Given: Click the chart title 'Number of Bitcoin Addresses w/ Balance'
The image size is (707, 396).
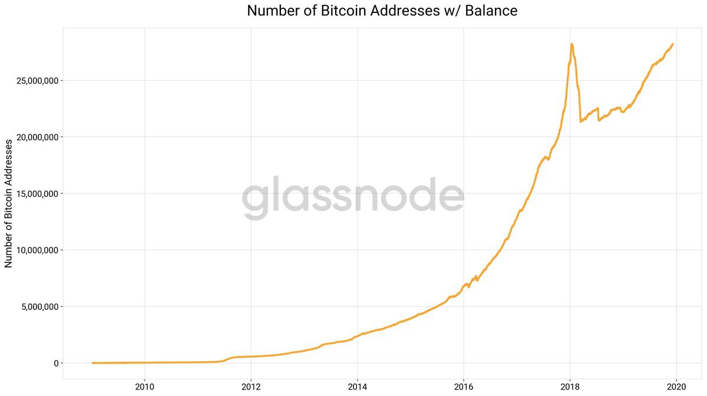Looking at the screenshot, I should coord(382,11).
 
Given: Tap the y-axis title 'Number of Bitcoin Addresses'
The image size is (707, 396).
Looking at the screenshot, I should coord(9,204).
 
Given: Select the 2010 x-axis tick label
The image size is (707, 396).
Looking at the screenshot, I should coord(144,387).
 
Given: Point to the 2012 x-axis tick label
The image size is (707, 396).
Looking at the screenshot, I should coord(251,387).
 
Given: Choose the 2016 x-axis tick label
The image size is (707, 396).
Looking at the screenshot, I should coord(464,387).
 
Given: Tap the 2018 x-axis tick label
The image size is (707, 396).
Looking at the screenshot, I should coord(570,387).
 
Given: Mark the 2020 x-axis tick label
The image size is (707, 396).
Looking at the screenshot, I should coord(676,387).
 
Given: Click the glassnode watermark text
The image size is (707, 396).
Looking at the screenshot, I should coord(353,197).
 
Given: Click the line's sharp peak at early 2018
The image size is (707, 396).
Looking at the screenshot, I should coord(571,44).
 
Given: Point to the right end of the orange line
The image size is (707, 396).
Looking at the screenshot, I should coord(673,44).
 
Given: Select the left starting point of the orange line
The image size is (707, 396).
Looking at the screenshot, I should coord(92,363).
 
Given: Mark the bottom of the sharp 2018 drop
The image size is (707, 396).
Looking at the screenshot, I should coord(581,121).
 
